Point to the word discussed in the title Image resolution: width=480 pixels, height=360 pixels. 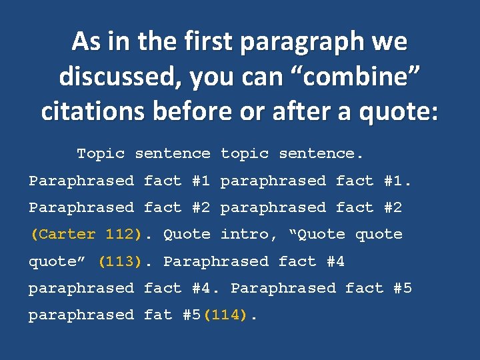120,77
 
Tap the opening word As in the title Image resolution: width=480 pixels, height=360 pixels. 85,42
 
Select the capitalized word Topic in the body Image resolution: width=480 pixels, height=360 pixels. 101,153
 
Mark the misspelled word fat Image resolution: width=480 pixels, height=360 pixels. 158,314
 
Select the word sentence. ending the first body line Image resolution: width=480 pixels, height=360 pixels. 321,153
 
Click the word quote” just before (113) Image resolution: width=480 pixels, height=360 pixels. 59,261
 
